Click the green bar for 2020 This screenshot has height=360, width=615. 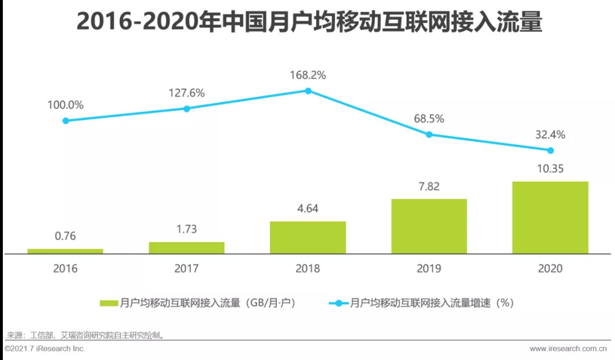[550, 218]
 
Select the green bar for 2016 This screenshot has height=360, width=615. [65, 251]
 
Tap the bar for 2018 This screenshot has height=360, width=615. [307, 238]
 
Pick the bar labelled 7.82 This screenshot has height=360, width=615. [429, 226]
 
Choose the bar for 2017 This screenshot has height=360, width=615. [186, 248]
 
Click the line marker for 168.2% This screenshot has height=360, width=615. [307, 91]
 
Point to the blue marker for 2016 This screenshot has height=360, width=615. [65, 121]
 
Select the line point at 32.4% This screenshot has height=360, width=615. [550, 150]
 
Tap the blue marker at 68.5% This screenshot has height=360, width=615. [429, 134]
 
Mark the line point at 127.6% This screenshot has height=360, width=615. [187, 108]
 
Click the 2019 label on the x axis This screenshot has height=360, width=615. [429, 268]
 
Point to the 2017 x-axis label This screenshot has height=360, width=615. [186, 268]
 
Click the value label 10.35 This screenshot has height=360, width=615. [550, 169]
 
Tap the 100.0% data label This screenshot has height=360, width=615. [65, 105]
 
